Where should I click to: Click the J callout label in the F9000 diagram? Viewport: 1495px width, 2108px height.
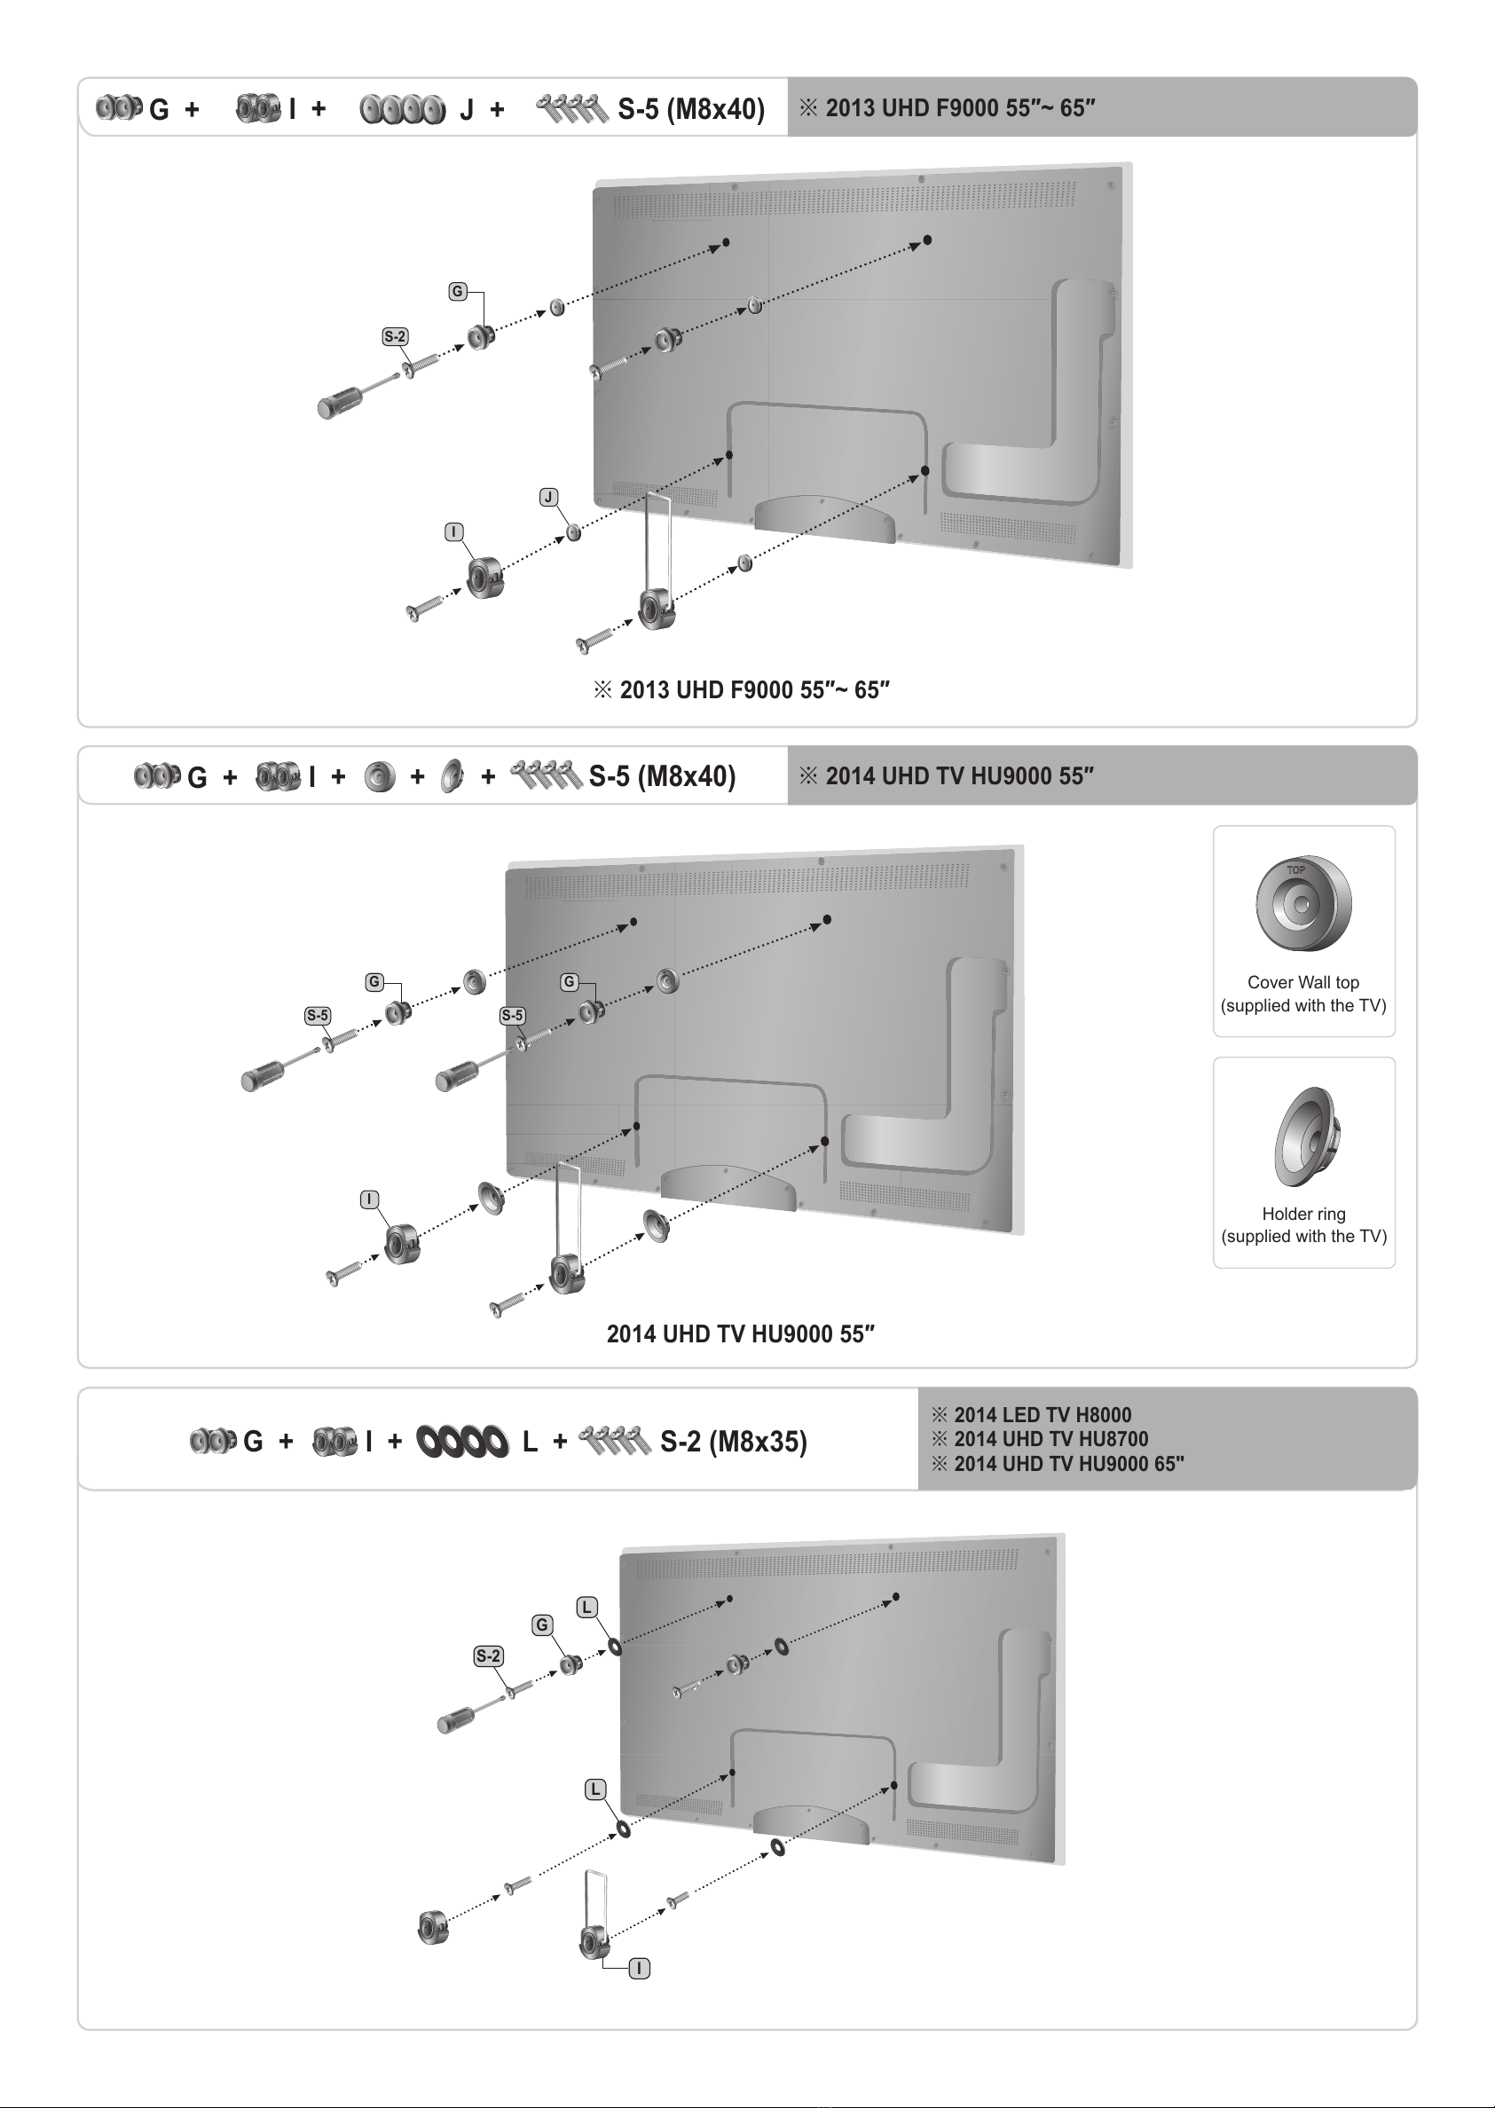click(x=548, y=497)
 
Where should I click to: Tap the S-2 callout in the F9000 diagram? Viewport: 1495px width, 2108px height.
click(x=395, y=337)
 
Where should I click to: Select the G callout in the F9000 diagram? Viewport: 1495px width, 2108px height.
click(x=457, y=292)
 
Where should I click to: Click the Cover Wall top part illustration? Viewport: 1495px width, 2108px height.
click(x=1302, y=904)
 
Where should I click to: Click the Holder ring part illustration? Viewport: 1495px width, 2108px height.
click(x=1305, y=1137)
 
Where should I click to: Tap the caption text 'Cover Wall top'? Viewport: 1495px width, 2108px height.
click(x=1302, y=982)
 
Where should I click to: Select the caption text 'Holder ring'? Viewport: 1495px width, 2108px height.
click(x=1303, y=1213)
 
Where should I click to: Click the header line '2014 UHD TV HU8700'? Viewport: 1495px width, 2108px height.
click(x=1050, y=1439)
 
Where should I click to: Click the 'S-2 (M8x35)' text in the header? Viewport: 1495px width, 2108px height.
click(x=733, y=1441)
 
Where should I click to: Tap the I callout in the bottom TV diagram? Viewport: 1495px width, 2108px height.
click(x=639, y=1968)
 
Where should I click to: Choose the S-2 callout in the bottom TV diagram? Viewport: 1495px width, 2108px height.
click(x=489, y=1656)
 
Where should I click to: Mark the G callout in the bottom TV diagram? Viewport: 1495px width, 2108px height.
click(x=542, y=1624)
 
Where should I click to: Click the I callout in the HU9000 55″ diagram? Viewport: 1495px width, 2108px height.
click(x=369, y=1200)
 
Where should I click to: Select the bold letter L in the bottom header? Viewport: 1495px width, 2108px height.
click(x=530, y=1442)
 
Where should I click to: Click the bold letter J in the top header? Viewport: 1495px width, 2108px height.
click(x=467, y=109)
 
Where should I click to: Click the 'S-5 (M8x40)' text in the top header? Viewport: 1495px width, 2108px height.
click(x=690, y=109)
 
